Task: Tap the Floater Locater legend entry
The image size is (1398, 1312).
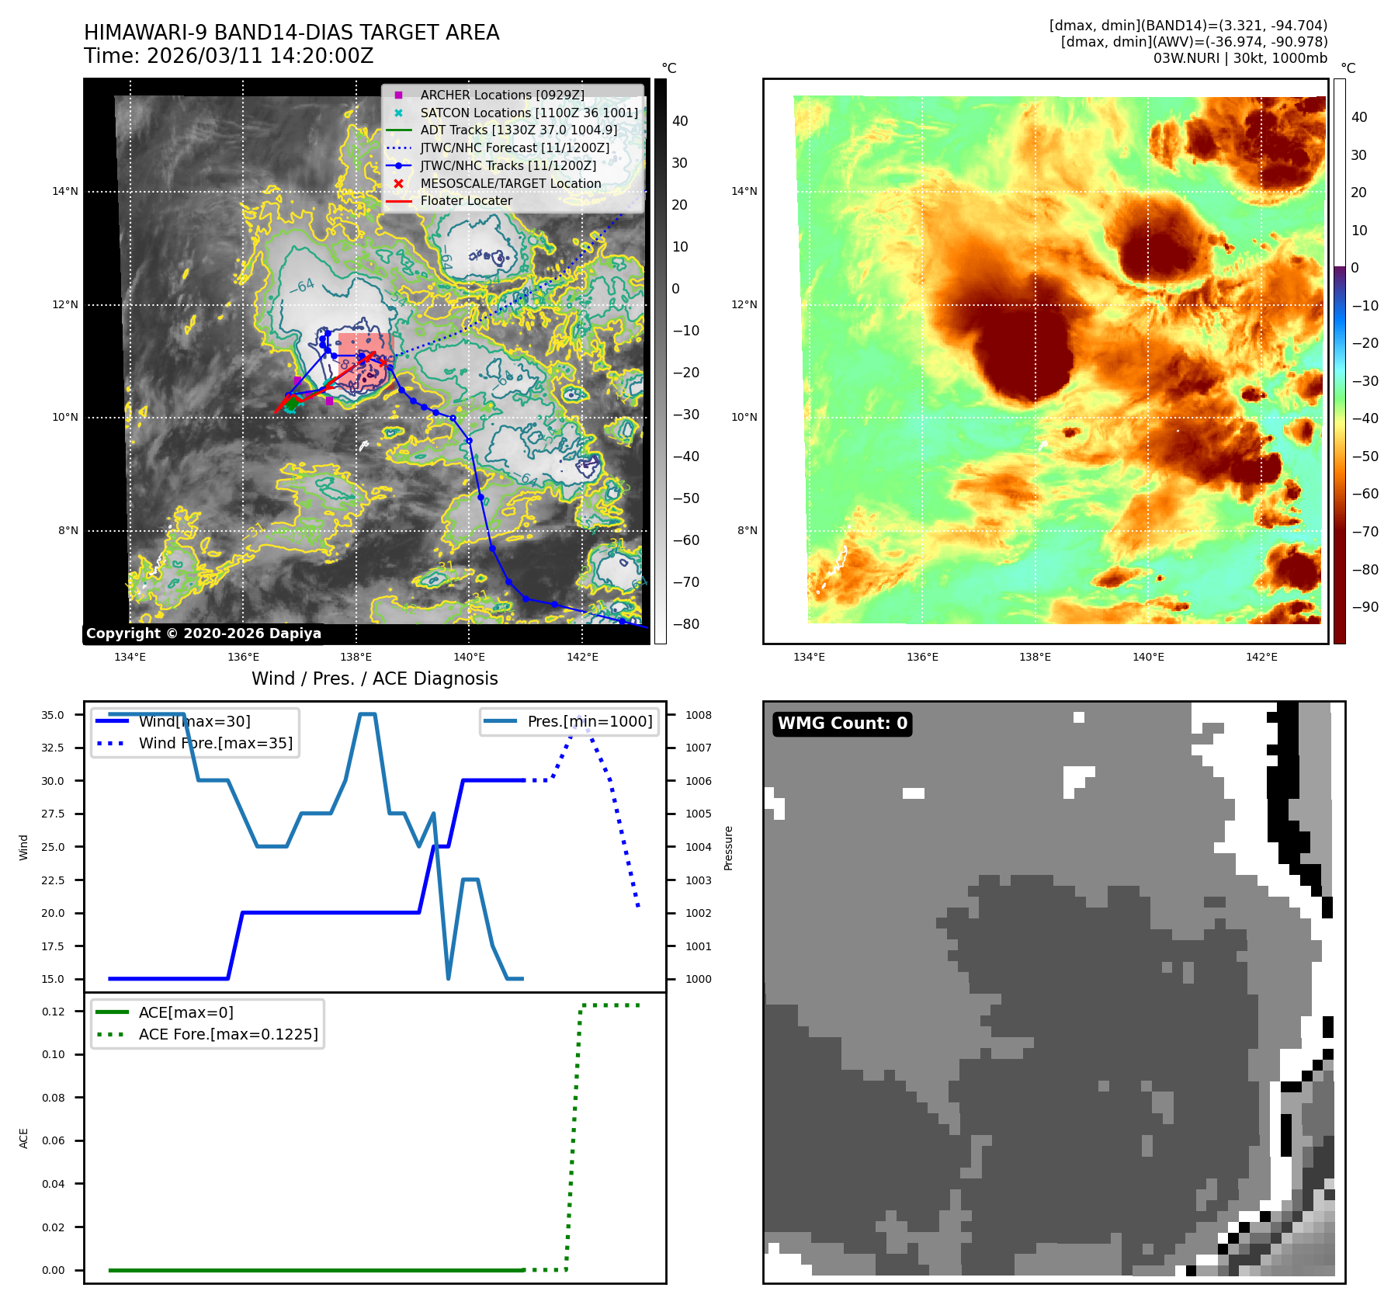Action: [x=466, y=200]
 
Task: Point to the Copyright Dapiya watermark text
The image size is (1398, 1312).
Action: [x=203, y=633]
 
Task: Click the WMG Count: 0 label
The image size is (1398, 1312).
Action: [x=842, y=724]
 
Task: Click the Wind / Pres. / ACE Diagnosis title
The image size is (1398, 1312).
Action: [x=374, y=679]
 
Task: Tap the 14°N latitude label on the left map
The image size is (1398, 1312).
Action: [x=65, y=192]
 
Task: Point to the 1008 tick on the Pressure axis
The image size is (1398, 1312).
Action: [x=698, y=715]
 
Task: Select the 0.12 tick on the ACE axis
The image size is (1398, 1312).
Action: [x=54, y=1012]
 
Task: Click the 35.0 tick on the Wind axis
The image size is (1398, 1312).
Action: [x=53, y=715]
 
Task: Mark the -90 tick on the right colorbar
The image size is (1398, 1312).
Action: [x=1365, y=607]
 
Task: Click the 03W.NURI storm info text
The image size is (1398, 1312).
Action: [x=1240, y=58]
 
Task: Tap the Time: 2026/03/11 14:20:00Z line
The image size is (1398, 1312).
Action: [x=229, y=56]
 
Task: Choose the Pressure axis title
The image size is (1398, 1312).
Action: [x=728, y=848]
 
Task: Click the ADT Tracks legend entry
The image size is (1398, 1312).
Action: [x=519, y=130]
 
